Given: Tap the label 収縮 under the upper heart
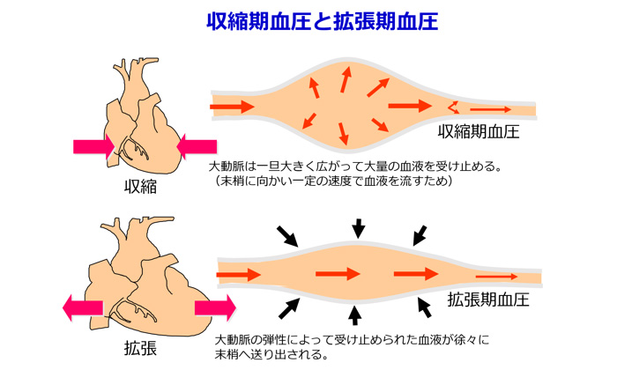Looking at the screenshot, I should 140,186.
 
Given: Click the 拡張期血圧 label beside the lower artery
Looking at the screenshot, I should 487,299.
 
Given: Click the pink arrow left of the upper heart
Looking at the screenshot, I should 94,144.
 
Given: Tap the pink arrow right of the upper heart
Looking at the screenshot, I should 197,144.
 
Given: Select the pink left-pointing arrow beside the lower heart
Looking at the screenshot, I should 82,307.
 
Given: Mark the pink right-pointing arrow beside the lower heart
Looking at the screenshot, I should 216,307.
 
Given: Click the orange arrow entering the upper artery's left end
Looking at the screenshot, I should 232,107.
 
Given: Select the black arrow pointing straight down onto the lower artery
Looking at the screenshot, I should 357,228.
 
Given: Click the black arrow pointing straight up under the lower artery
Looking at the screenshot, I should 354,314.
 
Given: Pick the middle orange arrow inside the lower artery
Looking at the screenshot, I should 338,273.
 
